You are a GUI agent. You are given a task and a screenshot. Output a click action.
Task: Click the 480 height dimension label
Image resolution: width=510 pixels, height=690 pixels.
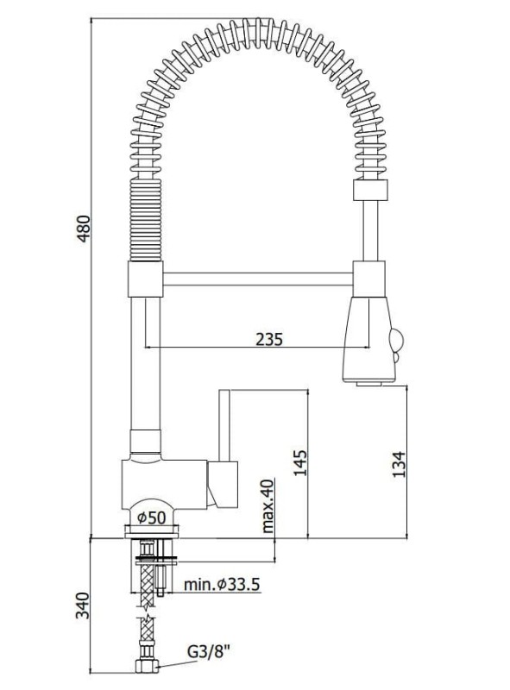point(84,228)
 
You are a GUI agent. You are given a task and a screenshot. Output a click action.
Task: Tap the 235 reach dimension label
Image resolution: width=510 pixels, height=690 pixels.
point(269,339)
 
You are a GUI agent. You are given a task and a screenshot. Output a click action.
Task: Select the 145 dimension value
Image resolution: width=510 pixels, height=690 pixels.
point(300,462)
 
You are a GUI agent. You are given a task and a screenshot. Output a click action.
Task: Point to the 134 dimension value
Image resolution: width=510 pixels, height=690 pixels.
point(399,465)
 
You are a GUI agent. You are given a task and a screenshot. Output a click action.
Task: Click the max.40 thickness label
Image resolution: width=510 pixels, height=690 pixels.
point(268,506)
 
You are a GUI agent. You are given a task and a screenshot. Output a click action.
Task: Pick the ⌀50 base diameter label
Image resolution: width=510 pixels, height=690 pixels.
point(152,517)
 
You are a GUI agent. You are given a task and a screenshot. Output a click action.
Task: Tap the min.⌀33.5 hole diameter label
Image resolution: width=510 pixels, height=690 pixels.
point(222,585)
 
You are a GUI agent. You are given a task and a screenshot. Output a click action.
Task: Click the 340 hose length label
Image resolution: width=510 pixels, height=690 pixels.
point(82,605)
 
